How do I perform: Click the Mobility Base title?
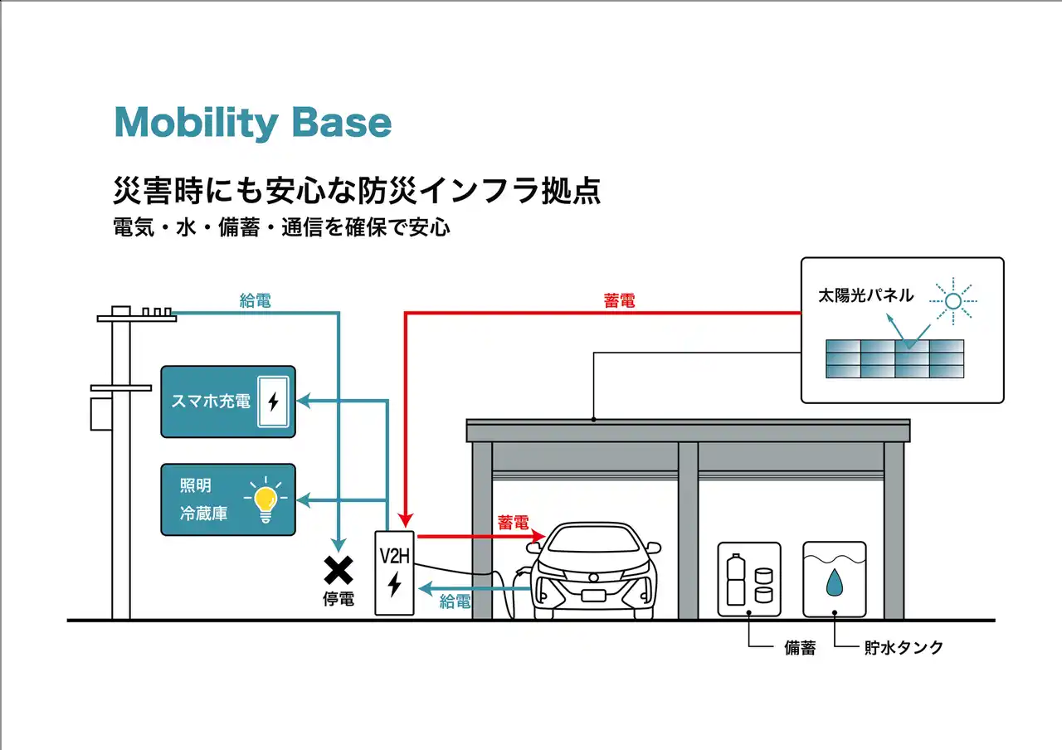pos(252,123)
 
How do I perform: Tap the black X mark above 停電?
pos(338,570)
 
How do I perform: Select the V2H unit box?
pos(394,572)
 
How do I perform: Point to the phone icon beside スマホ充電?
pos(273,402)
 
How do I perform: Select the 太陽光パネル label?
pos(865,295)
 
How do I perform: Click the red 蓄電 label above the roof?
pos(619,302)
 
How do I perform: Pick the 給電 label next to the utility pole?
pos(255,301)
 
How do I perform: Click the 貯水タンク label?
pos(903,648)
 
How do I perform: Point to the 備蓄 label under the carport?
pos(800,648)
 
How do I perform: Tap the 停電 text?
pos(338,599)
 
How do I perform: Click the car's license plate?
pos(593,595)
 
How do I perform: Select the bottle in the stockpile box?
pos(735,581)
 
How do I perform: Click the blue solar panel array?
pos(894,358)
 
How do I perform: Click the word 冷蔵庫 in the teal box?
pos(203,514)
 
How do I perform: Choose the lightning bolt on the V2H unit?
pos(394,585)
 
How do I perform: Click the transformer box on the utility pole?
pos(100,413)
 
